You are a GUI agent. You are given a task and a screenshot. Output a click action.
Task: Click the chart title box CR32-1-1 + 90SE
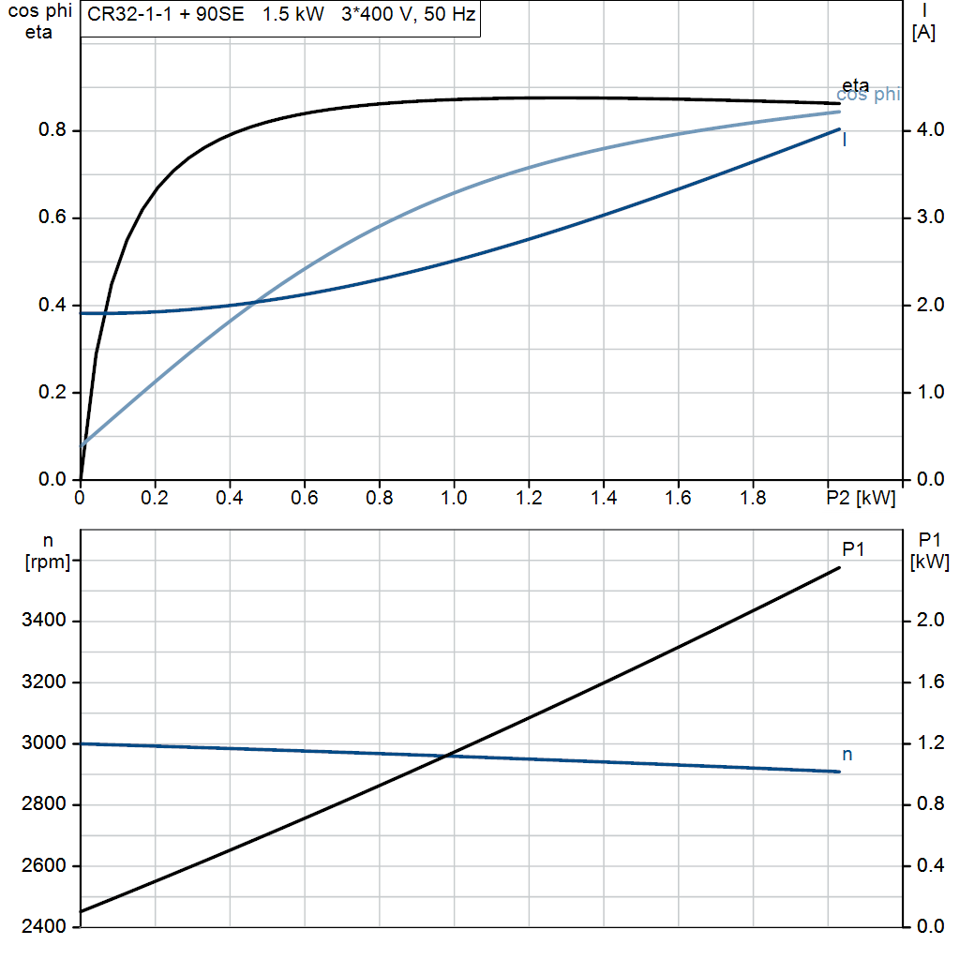pos(280,18)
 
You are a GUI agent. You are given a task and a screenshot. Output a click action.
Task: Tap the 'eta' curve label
pos(855,86)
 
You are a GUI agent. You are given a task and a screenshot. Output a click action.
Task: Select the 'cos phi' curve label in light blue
pos(868,95)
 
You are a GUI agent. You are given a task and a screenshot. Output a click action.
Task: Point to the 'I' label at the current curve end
pos(845,141)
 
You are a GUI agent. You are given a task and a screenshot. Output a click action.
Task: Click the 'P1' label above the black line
pos(852,549)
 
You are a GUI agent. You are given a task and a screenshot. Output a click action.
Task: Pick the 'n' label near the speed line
pos(847,754)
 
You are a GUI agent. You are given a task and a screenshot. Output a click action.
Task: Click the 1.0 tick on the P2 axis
pos(454,498)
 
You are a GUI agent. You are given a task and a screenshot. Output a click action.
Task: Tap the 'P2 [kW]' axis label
pos(860,498)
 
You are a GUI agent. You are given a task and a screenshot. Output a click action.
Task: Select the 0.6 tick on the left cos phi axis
pos(52,218)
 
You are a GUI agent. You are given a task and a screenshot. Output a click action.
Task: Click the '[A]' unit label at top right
pos(923,34)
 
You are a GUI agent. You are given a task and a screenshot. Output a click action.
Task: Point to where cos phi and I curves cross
pos(254,302)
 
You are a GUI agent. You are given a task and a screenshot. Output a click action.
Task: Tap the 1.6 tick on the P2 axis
pos(678,498)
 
